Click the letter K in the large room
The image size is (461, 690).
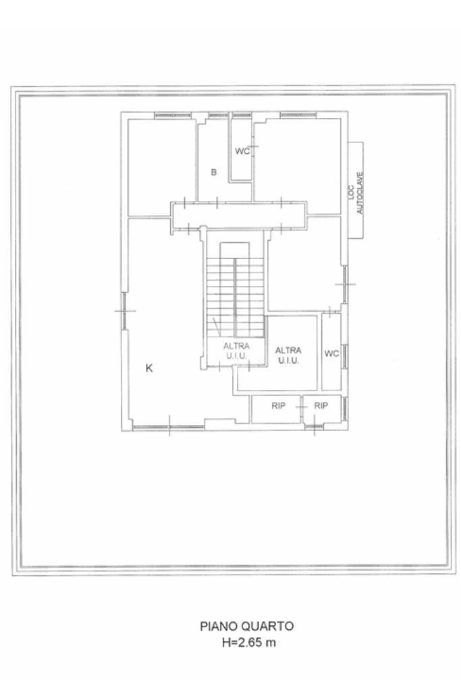[x=149, y=368]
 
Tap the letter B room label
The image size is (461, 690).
[x=213, y=172]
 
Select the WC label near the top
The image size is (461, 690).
[x=242, y=151]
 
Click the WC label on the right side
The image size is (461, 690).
[x=331, y=353]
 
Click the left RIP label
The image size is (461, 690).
[x=278, y=406]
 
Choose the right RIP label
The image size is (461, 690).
[x=321, y=406]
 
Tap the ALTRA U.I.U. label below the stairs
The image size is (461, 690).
[x=236, y=351]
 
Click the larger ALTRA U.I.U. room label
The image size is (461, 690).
[x=288, y=355]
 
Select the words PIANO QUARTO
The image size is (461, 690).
[x=247, y=626]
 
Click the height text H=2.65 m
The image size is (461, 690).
[x=249, y=643]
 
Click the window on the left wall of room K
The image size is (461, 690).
[x=125, y=311]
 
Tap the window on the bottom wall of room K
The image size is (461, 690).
[x=168, y=426]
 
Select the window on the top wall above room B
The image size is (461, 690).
[x=219, y=115]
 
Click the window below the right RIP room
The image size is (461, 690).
[x=313, y=426]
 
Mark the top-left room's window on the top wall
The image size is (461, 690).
[x=173, y=115]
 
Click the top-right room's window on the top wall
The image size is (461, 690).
[x=298, y=115]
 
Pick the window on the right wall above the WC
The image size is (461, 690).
[x=345, y=284]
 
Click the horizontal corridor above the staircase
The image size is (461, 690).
[x=239, y=215]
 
